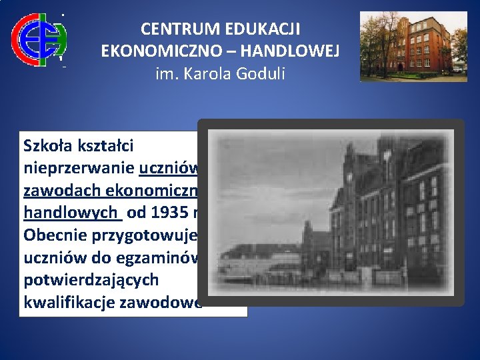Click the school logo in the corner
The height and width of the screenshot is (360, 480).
(39, 39)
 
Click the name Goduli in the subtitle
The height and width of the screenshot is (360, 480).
(260, 73)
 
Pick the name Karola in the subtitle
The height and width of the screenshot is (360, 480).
(207, 73)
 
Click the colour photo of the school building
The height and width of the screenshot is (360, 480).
(413, 45)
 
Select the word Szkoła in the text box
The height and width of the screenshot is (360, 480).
(46, 145)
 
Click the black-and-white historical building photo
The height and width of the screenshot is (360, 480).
(331, 212)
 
